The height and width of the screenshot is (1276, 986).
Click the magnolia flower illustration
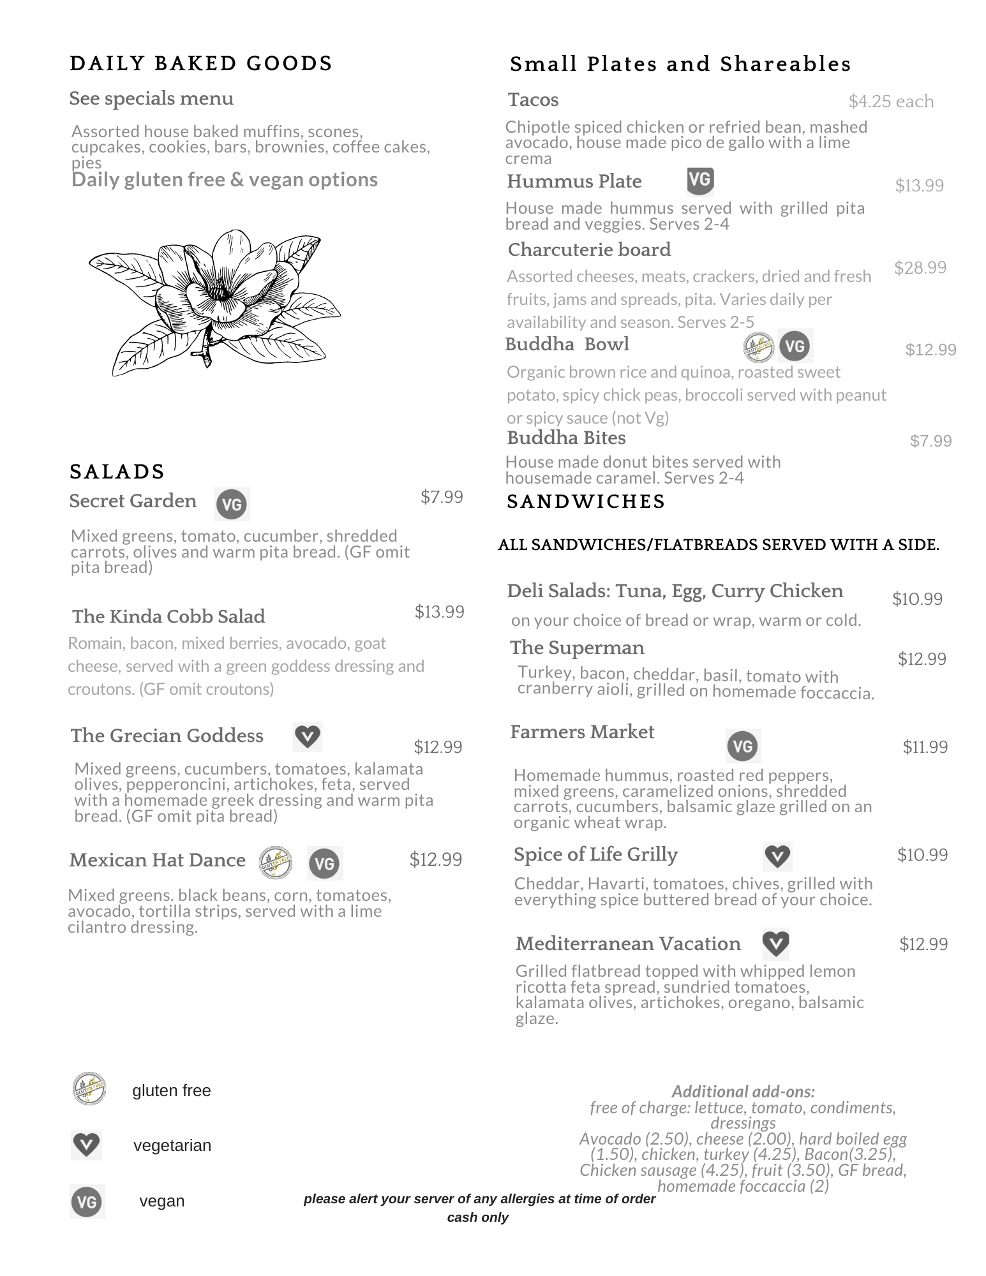[x=214, y=300]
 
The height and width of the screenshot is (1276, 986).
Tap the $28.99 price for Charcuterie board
[x=920, y=267]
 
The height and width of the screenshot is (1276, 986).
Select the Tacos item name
[x=533, y=100]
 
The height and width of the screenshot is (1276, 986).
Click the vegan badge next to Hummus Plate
[x=700, y=181]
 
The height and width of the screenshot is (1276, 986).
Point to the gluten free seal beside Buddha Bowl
[x=759, y=346]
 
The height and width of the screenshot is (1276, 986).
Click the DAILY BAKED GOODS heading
[x=201, y=64]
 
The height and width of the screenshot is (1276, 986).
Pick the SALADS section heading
[x=117, y=471]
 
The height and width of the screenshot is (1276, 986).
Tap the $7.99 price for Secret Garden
[x=442, y=497]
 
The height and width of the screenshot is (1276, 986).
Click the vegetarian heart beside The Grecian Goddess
[x=308, y=737]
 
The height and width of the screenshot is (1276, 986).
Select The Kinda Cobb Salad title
[x=168, y=616]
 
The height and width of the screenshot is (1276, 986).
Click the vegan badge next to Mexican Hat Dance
[x=325, y=863]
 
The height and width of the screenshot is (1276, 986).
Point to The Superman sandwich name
[x=577, y=648]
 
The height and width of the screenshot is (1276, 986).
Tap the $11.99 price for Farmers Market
[x=925, y=746]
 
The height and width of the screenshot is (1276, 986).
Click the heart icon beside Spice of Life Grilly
[x=777, y=856]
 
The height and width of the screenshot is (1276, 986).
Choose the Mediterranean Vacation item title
[x=628, y=944]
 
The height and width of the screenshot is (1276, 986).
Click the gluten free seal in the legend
[x=89, y=1088]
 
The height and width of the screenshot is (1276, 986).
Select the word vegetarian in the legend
[x=172, y=1145]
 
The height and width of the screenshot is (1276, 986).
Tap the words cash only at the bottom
[x=477, y=1217]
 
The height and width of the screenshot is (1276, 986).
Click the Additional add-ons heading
[x=743, y=1092]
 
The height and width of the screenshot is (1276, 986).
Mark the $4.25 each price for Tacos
[x=891, y=101]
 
